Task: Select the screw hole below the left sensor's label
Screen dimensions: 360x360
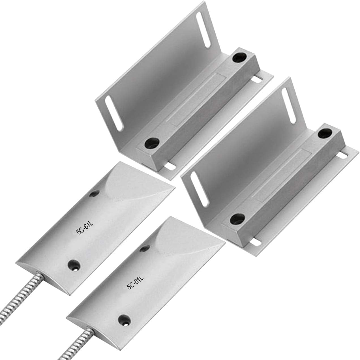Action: click(x=74, y=265)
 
